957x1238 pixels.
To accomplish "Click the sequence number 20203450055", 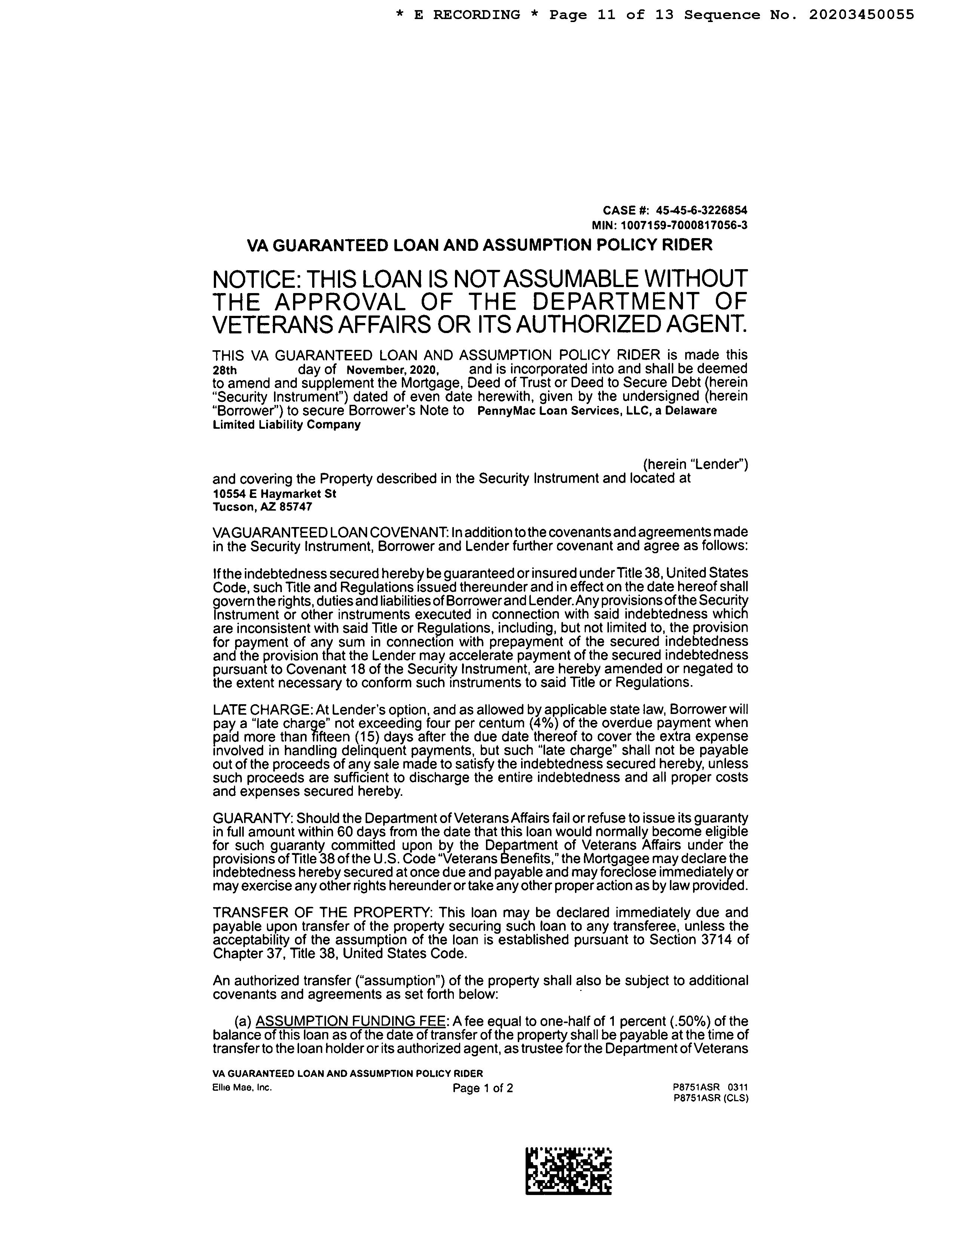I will click(x=861, y=15).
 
